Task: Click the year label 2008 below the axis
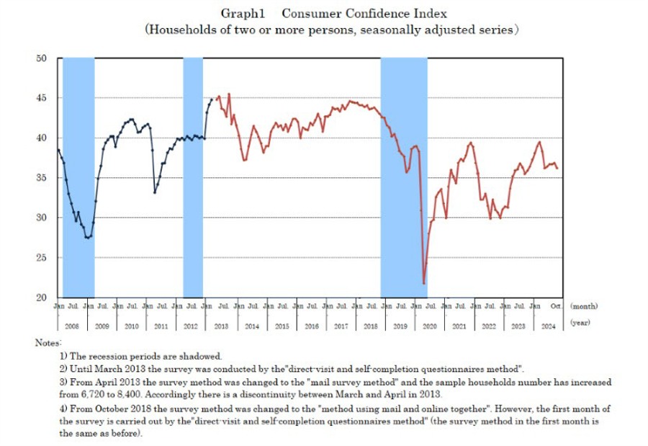(x=71, y=326)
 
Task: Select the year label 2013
(x=221, y=326)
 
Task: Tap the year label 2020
(x=431, y=326)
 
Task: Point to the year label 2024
(x=549, y=326)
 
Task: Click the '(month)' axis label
(x=584, y=306)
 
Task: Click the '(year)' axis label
(x=580, y=324)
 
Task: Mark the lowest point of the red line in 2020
(x=423, y=283)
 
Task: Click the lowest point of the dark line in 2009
(x=88, y=238)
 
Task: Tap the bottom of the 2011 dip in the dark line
(x=155, y=192)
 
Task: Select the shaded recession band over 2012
(x=193, y=177)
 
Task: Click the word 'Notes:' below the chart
(x=48, y=342)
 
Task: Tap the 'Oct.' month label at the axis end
(x=557, y=306)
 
